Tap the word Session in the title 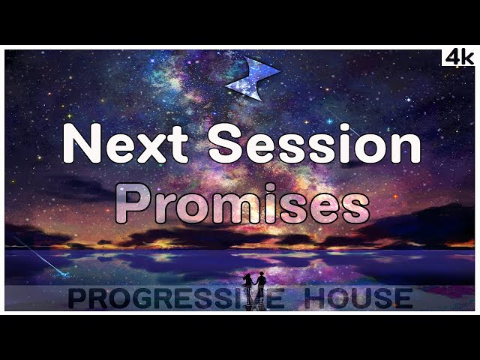[x=314, y=144]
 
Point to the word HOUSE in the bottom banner [x=361, y=298]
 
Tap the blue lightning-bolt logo [x=252, y=76]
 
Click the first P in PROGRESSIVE [x=78, y=298]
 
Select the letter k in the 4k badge [x=466, y=57]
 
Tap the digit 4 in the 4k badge [x=451, y=57]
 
